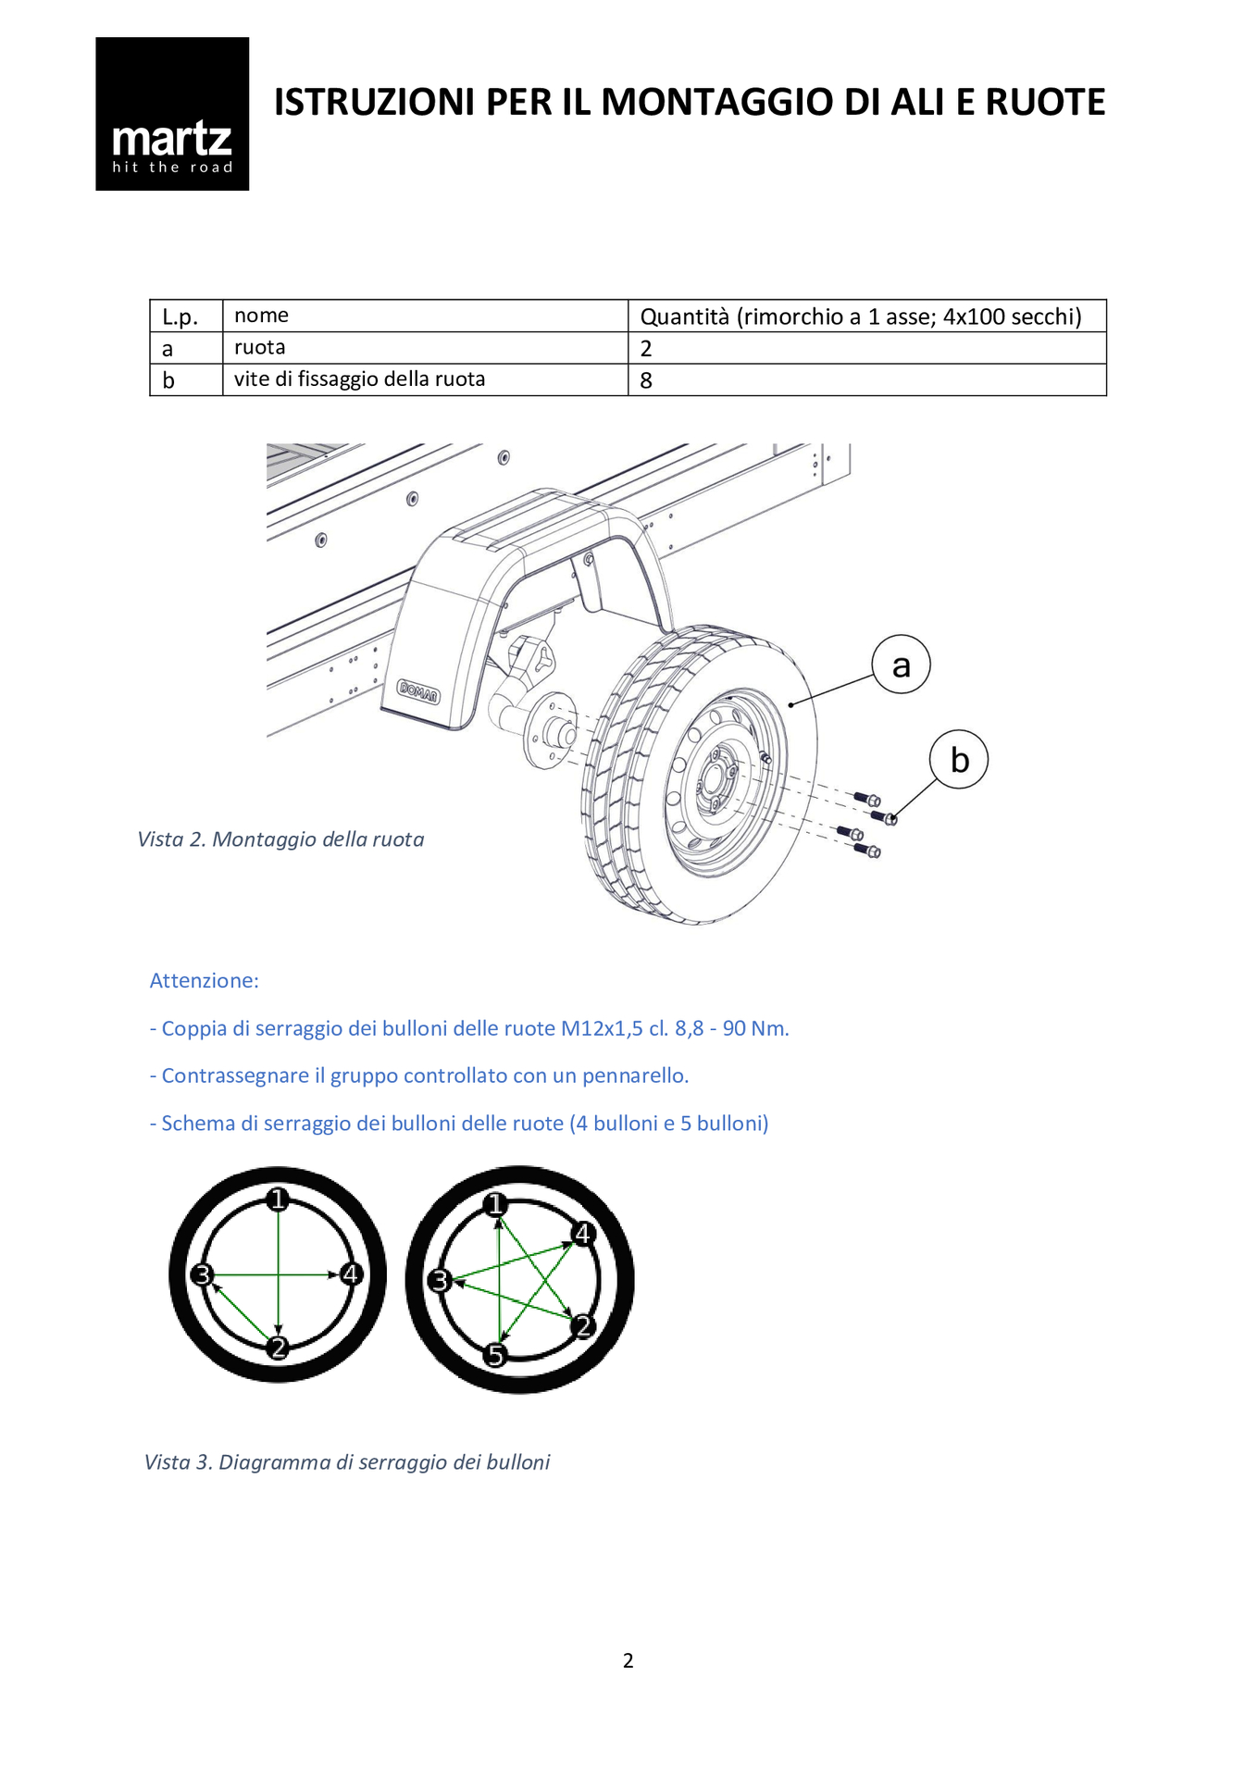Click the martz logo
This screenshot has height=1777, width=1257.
click(172, 114)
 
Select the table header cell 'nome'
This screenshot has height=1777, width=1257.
click(261, 316)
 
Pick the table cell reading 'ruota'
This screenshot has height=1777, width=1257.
click(259, 348)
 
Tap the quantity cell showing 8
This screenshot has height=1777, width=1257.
click(646, 380)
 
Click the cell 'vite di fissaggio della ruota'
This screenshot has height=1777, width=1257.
click(359, 379)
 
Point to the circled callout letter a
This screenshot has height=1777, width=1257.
click(901, 665)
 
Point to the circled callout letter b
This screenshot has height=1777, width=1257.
click(959, 760)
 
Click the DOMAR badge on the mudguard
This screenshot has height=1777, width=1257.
click(418, 690)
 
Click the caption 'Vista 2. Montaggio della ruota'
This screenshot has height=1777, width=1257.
click(280, 839)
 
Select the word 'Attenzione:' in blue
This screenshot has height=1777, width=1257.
click(205, 981)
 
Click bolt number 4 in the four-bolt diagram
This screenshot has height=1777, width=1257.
click(350, 1274)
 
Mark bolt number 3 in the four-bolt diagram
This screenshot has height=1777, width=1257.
click(202, 1275)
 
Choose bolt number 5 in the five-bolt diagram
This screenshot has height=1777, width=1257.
click(496, 1356)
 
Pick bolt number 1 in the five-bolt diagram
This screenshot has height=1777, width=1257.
click(496, 1204)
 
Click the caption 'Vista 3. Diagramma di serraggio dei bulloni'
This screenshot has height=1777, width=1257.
click(347, 1462)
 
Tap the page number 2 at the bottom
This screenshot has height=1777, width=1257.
click(628, 1660)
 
